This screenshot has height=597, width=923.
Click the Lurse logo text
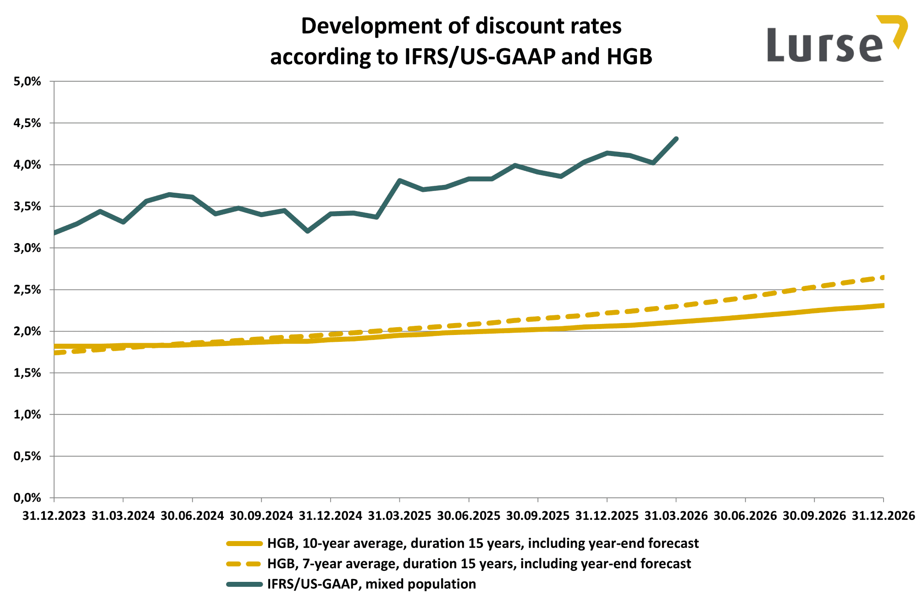coord(824,45)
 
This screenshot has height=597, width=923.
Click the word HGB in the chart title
coord(629,57)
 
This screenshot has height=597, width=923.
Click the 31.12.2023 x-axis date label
coord(54,516)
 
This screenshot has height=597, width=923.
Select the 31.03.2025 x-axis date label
coord(399,516)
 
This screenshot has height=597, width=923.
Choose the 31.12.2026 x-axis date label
coord(883,516)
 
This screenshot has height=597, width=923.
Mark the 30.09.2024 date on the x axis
coord(261,516)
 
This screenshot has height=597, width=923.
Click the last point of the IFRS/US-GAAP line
coord(676,139)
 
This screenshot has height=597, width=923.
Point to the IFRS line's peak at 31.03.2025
coord(400,180)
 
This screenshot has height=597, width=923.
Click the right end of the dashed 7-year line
coord(882,278)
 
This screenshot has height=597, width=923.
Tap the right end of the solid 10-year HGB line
coord(882,306)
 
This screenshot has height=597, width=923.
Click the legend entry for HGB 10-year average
coord(482,543)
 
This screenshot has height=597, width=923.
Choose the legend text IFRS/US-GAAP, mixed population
coord(371,584)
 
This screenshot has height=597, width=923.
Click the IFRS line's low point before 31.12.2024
coord(308,231)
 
